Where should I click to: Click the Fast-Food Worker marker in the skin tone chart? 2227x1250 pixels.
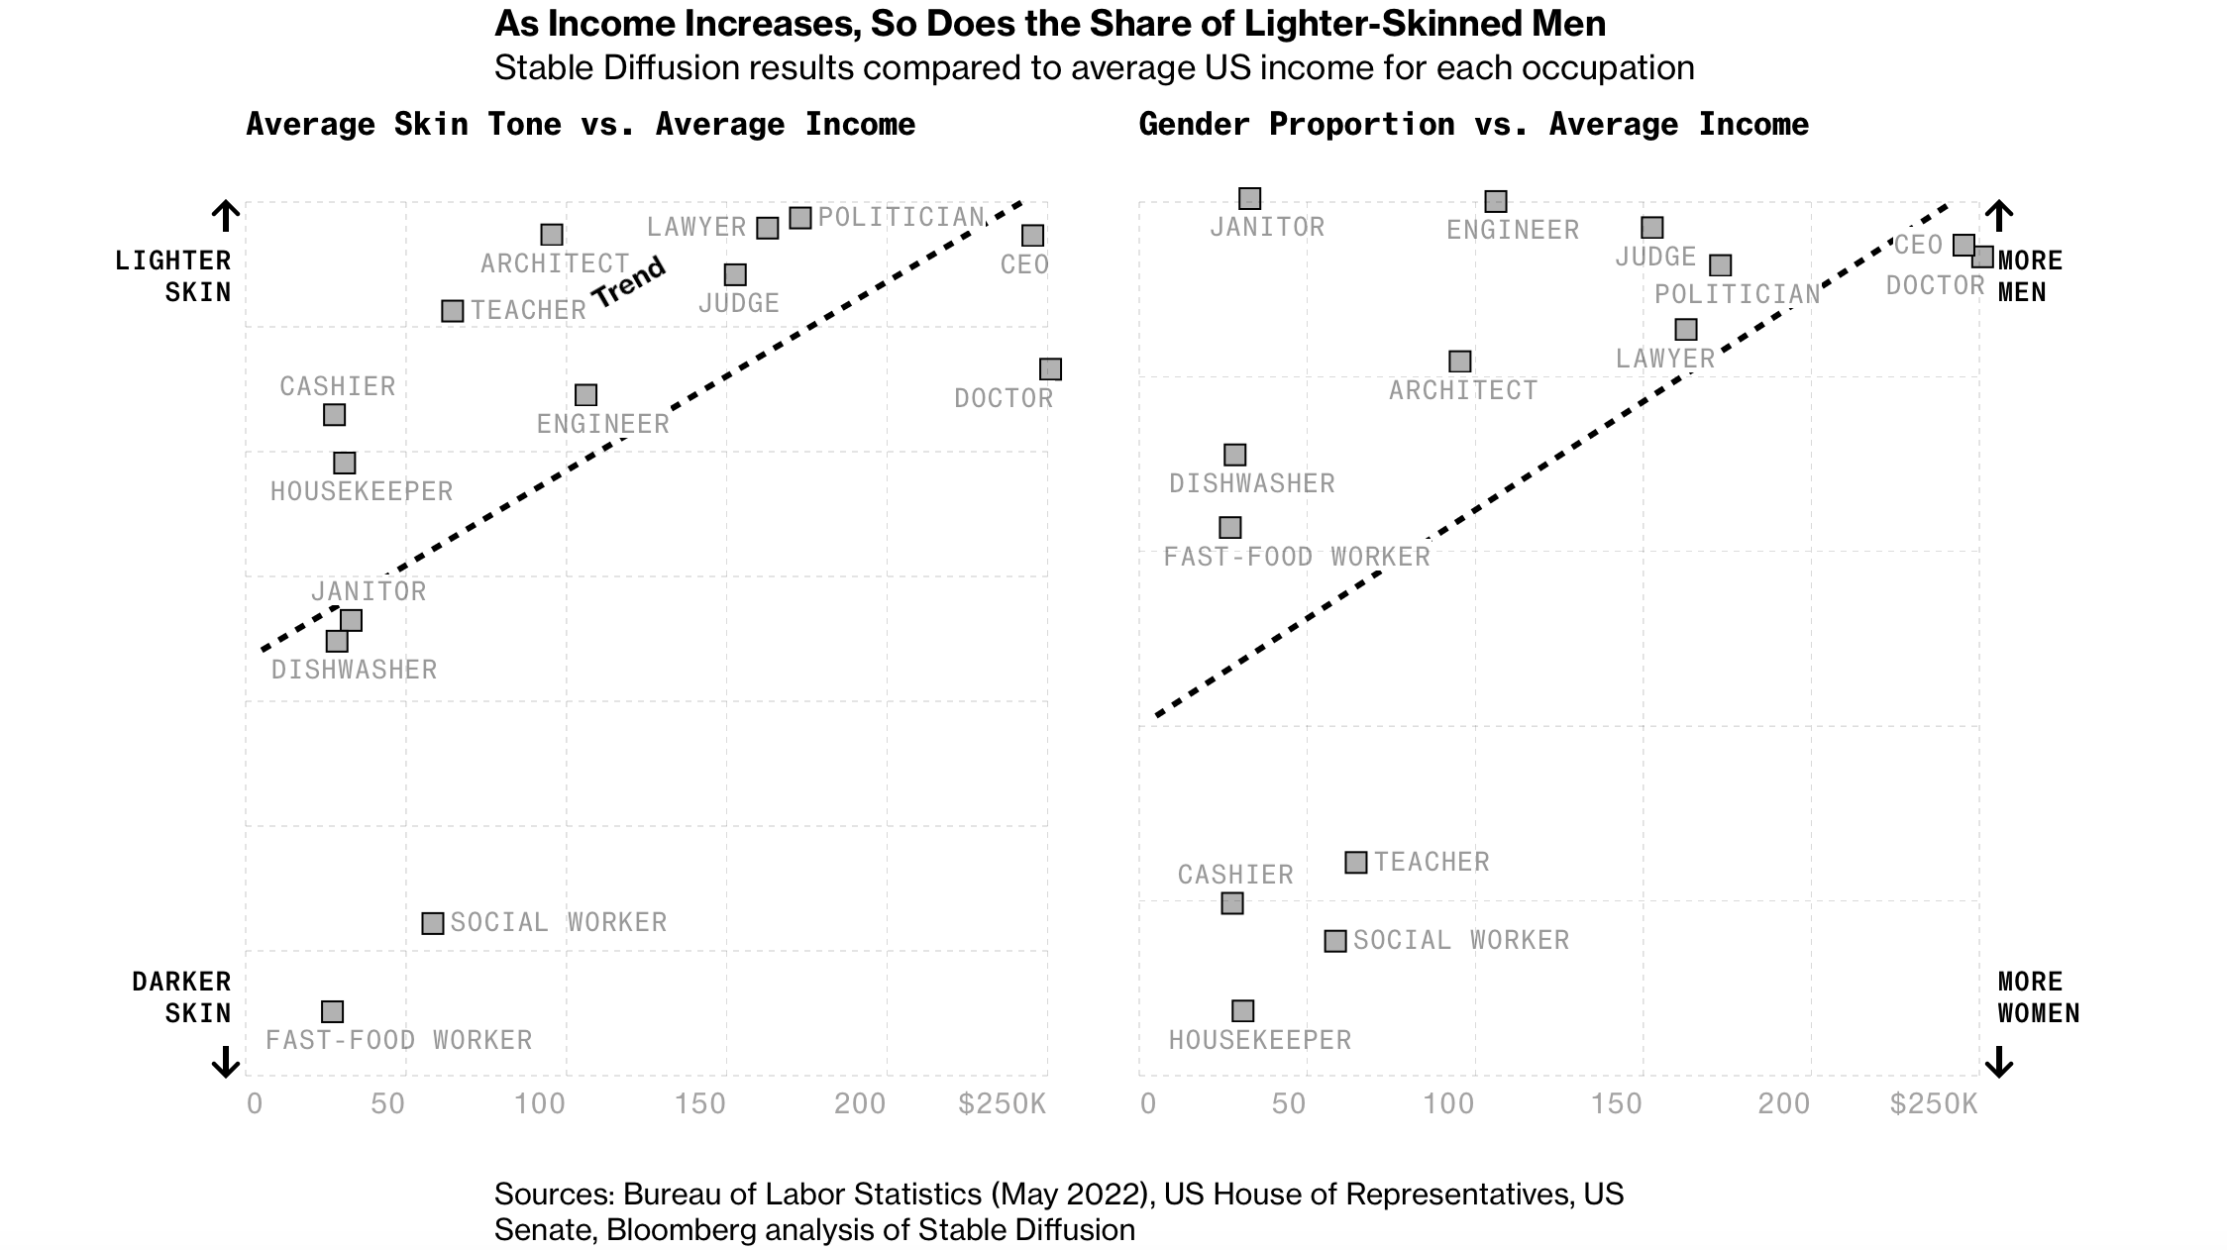pos(332,1011)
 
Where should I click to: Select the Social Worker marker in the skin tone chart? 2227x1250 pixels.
pos(432,923)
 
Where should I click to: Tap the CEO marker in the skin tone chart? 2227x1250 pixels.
pos(1032,236)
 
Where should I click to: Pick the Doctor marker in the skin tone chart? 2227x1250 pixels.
pos(1050,369)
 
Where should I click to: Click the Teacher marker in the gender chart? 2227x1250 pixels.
pos(1355,863)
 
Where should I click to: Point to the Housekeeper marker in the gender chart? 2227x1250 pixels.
pos(1242,1010)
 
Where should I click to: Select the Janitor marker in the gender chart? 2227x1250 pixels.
pos(1249,199)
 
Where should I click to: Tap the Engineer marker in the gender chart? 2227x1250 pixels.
pos(1496,202)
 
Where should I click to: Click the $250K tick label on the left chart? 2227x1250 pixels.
pos(1002,1103)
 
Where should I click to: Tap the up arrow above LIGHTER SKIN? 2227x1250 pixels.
pos(226,216)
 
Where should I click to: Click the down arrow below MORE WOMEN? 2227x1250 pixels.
pos(1999,1062)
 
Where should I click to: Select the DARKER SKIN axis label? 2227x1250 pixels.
pos(181,997)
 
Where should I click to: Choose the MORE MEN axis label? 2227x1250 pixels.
pos(2030,276)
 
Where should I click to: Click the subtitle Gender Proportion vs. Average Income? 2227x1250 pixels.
pos(1473,125)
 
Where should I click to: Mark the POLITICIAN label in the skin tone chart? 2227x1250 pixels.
pos(901,217)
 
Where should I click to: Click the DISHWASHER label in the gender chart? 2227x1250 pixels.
pos(1251,483)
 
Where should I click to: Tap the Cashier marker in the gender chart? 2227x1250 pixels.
pos(1231,903)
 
